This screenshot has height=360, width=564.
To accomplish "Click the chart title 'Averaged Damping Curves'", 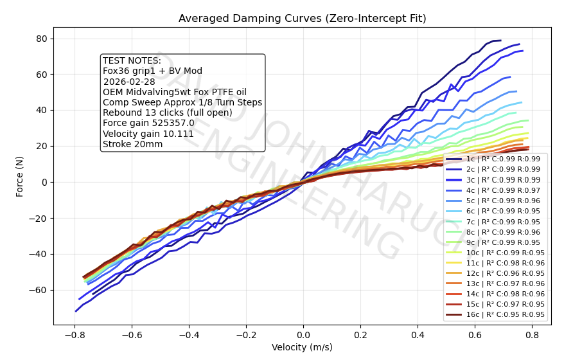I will [302, 19].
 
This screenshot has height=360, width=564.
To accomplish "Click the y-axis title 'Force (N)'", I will [20, 175].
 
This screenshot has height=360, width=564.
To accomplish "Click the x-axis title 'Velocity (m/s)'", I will [302, 348].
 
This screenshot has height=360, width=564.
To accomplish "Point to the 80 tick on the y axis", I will [42, 39].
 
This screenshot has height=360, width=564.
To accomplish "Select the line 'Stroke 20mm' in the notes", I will [132, 144].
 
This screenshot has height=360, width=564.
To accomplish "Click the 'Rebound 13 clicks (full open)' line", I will [167, 113].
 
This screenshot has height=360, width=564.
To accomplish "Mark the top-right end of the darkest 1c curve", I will [500, 40].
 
